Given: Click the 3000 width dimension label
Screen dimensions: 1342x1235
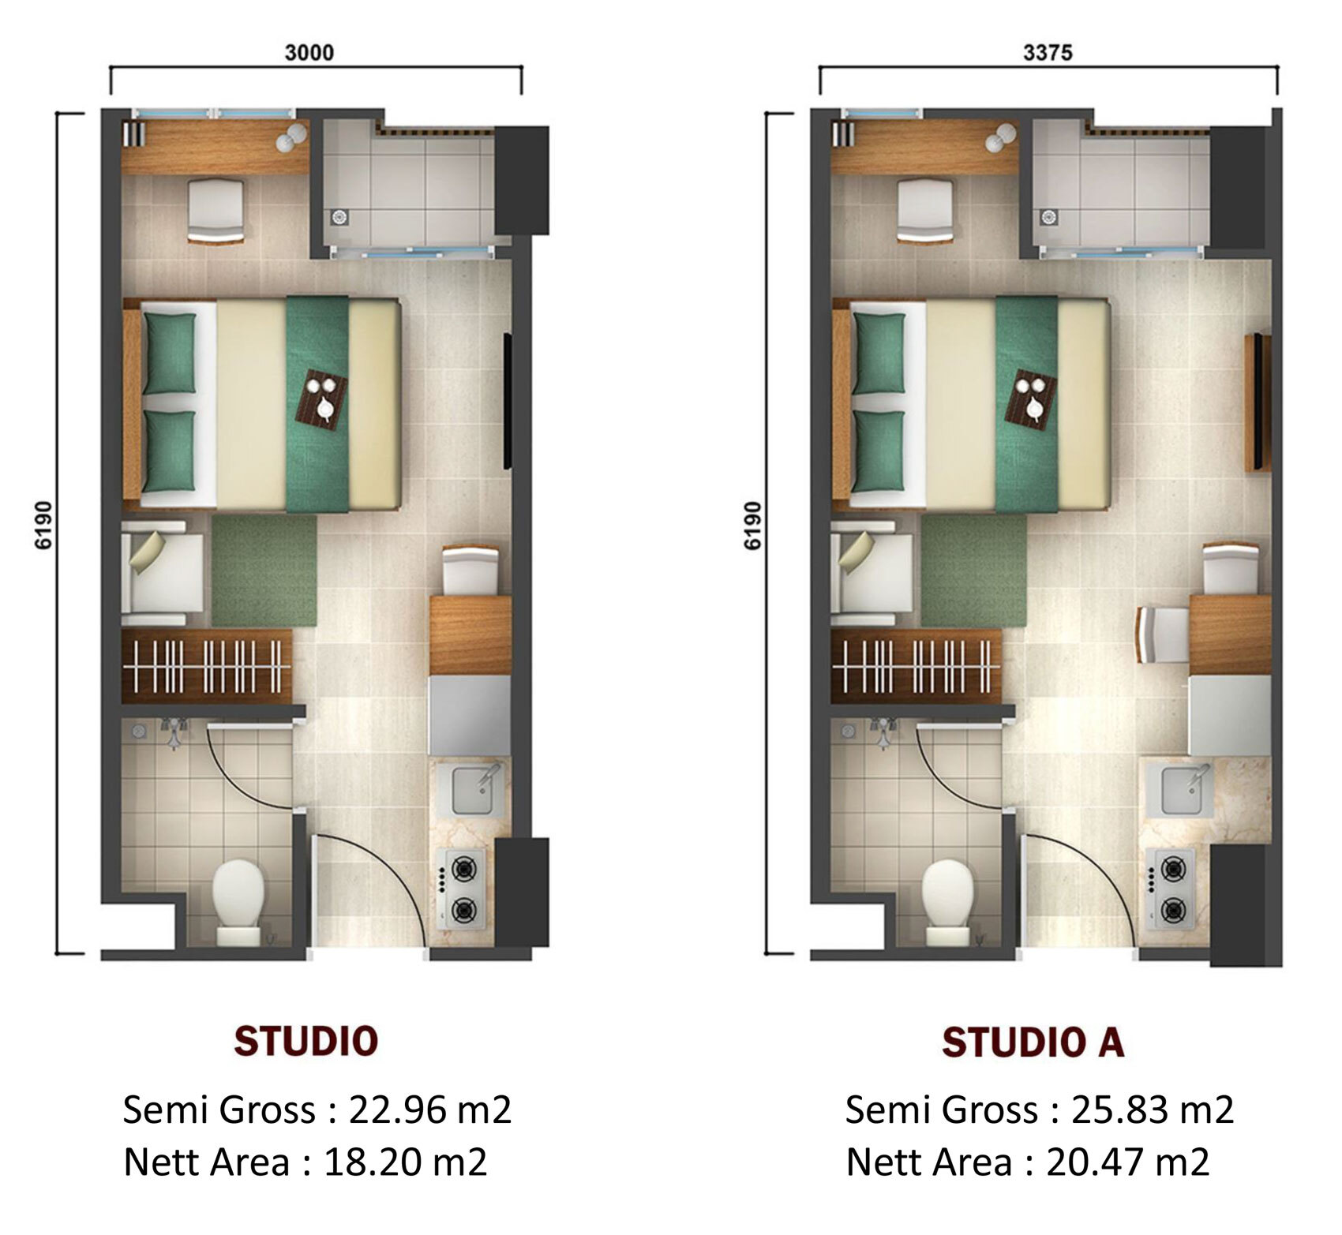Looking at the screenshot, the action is [x=309, y=53].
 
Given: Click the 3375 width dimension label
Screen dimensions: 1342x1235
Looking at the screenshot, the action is [x=1048, y=53].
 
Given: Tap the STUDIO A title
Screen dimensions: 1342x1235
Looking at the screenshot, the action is [x=1033, y=1042].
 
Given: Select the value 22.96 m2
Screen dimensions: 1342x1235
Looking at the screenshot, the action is [x=430, y=1110].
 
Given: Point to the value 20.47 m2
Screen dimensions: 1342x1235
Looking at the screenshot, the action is [x=1128, y=1162].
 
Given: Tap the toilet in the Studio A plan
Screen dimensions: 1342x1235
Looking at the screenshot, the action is [x=947, y=901].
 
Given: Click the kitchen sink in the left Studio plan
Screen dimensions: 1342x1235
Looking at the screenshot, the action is [x=476, y=790].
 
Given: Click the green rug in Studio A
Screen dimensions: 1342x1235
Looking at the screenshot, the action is [x=973, y=571].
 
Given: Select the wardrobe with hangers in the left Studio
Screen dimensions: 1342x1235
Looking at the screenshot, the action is [x=207, y=665].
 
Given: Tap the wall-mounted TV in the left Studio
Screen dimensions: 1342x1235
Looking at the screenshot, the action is [x=508, y=402].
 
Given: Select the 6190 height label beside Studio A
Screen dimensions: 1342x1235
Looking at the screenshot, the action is [x=753, y=525].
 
